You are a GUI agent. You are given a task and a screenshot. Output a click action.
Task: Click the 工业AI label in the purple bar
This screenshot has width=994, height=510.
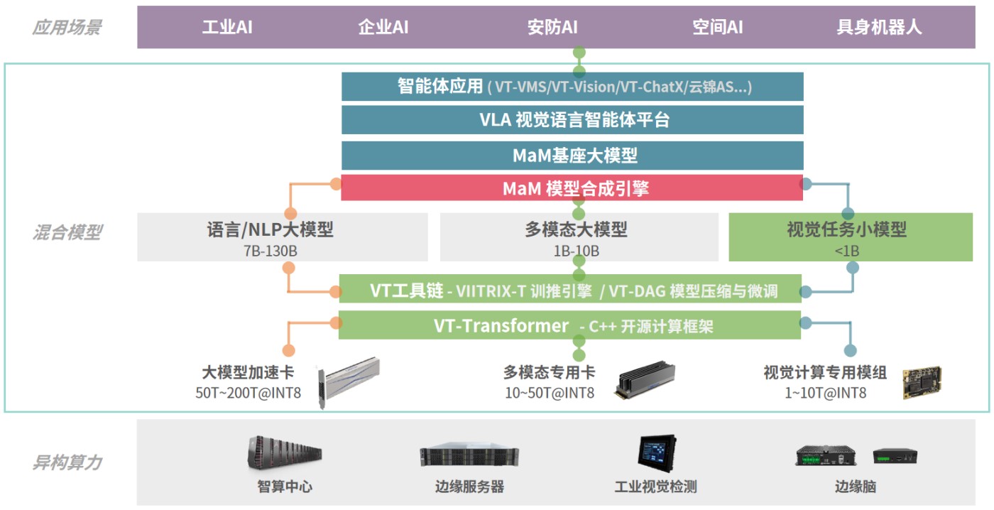[227, 27]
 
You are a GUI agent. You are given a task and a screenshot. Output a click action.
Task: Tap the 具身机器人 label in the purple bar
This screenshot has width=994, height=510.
[879, 27]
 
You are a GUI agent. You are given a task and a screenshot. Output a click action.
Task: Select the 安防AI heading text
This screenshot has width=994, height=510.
[552, 27]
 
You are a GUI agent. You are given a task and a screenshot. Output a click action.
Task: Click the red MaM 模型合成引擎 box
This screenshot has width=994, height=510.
[572, 188]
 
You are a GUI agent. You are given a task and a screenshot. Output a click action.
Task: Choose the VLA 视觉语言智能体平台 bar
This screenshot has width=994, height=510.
[572, 120]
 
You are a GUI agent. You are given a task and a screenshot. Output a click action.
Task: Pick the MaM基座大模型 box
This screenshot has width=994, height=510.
[572, 156]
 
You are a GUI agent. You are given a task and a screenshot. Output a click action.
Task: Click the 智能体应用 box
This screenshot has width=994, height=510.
[572, 87]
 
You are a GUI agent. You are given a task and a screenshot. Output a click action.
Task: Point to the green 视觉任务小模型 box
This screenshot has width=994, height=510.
[851, 237]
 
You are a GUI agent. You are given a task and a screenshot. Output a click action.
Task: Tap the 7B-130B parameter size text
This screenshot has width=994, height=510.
[271, 251]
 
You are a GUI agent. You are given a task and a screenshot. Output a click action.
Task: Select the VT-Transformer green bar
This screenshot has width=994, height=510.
[569, 325]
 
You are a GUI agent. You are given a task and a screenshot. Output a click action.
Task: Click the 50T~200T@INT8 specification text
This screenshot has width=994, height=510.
[248, 393]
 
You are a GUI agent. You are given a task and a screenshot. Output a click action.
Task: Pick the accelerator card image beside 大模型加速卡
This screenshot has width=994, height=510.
[349, 381]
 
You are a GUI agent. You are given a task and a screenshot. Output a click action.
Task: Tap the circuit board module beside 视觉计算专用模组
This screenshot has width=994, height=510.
[922, 383]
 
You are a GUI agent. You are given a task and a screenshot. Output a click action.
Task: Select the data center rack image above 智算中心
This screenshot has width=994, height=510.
[285, 452]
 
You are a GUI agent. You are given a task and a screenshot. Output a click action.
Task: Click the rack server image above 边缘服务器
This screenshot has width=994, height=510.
[469, 455]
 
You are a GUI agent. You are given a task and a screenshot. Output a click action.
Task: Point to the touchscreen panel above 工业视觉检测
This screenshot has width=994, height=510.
[657, 452]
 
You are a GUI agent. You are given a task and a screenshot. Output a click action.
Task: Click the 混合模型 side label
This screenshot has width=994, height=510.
[67, 232]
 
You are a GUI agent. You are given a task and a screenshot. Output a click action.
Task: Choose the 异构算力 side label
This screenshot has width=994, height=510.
[67, 462]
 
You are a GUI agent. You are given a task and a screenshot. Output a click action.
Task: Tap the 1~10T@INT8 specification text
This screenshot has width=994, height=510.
[825, 393]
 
